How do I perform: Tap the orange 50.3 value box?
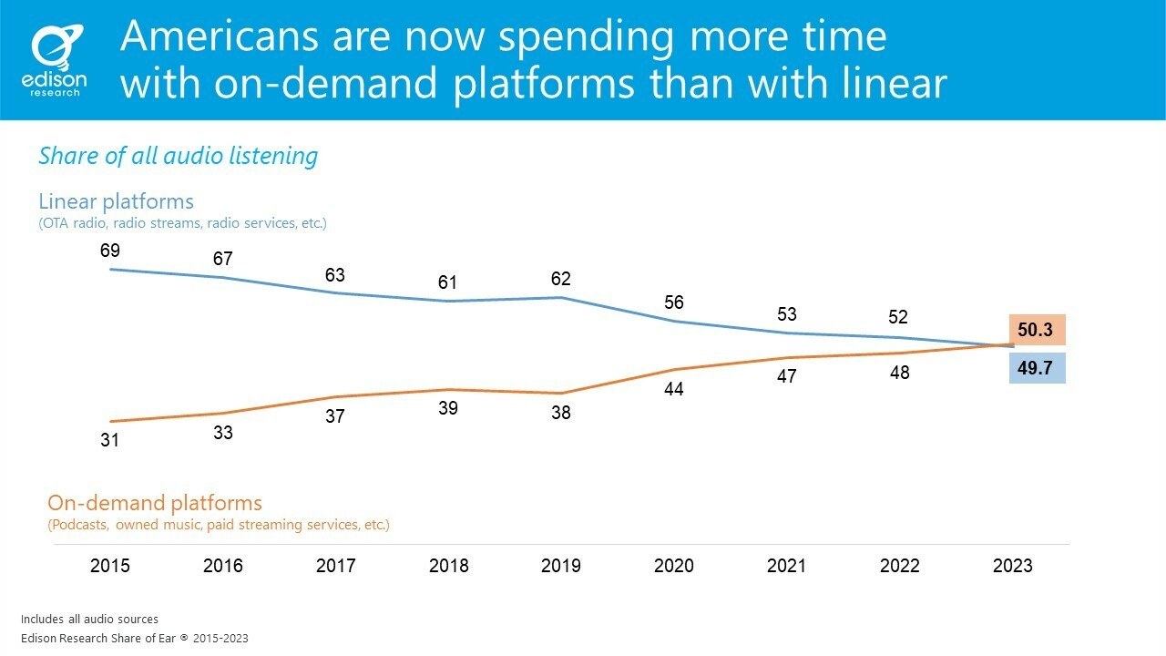[1036, 330]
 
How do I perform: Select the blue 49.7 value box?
[1036, 368]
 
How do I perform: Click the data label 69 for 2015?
[110, 250]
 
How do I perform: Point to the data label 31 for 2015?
[110, 440]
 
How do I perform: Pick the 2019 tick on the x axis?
[561, 566]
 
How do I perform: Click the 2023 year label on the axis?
[1013, 566]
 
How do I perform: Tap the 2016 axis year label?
[223, 566]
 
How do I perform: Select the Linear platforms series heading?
[116, 201]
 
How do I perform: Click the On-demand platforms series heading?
[154, 503]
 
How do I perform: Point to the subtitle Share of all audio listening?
[178, 156]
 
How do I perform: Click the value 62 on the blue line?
[561, 279]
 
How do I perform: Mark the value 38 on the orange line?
[561, 413]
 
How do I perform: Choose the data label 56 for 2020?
[674, 302]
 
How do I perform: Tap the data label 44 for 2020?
[674, 389]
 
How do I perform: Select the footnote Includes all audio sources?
[89, 620]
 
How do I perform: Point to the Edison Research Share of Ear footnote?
[134, 638]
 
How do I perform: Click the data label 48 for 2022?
[900, 373]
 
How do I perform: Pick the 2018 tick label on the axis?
[448, 566]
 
